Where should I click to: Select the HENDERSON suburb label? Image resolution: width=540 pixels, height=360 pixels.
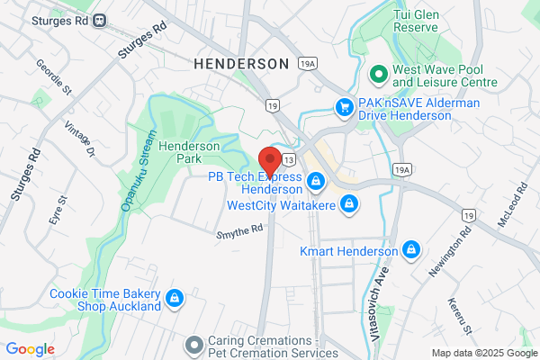(242, 63)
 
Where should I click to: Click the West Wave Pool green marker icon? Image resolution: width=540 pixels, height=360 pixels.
(379, 73)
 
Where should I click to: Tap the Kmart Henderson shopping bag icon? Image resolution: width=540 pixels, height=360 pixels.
(411, 248)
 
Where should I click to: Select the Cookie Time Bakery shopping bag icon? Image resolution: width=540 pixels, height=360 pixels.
(175, 298)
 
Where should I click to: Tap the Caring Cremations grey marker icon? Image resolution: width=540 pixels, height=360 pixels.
(192, 344)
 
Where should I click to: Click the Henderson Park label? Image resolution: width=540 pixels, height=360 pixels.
(189, 151)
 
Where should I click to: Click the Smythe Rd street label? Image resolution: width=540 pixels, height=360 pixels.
(239, 231)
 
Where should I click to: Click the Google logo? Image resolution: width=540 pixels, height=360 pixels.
(31, 349)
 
